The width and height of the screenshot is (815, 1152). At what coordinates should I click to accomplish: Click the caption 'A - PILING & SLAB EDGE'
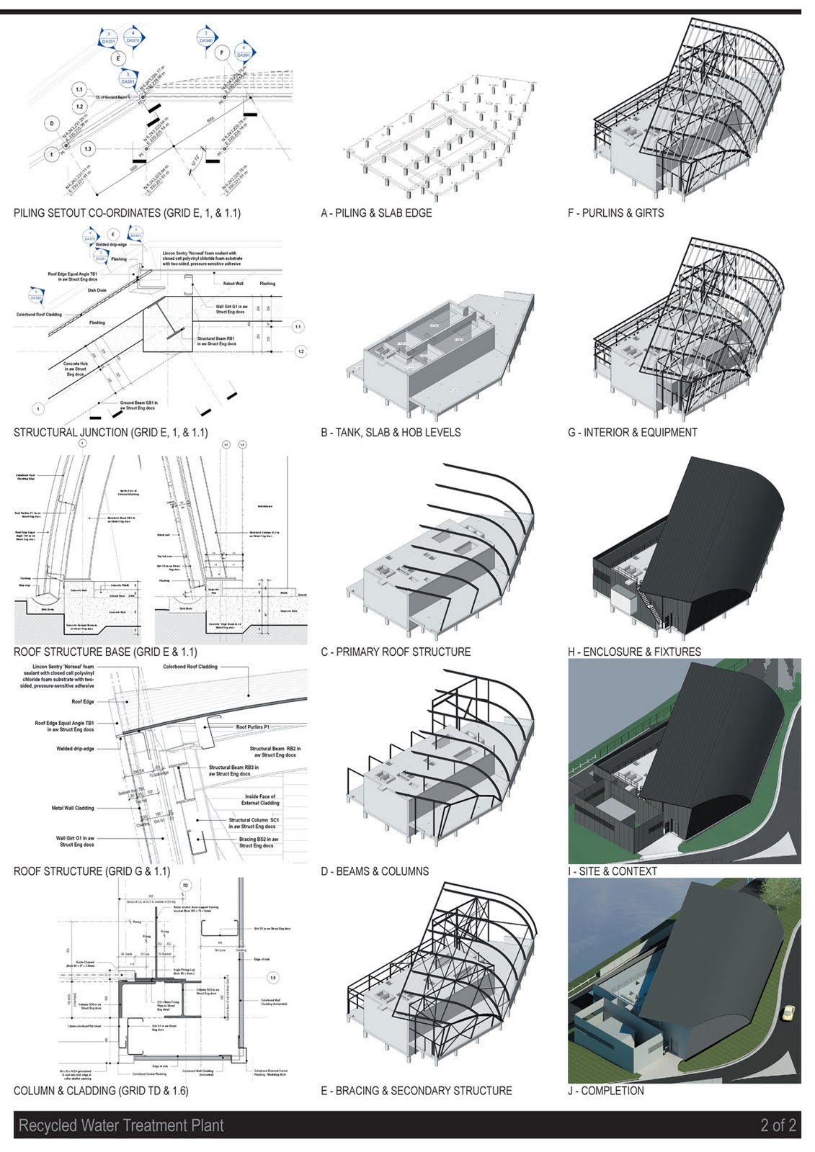click(x=376, y=213)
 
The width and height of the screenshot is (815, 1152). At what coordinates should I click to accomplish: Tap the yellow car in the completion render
click(x=788, y=1013)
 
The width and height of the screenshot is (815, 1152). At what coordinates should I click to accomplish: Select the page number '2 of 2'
click(x=778, y=1125)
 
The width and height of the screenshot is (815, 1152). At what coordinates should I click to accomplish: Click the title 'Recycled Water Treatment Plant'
click(x=121, y=1125)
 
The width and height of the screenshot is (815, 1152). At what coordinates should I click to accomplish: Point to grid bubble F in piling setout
click(x=222, y=53)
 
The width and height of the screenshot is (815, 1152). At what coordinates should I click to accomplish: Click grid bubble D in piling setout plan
click(x=52, y=123)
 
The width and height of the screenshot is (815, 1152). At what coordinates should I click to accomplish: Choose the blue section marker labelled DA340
click(x=207, y=37)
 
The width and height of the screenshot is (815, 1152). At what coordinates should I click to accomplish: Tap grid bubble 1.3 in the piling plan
click(x=87, y=149)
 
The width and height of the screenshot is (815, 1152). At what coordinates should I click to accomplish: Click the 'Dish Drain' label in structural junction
click(x=97, y=290)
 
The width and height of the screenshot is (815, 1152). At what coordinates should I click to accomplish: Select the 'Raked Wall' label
click(x=233, y=284)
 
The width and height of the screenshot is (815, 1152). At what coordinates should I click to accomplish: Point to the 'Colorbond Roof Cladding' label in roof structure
click(x=190, y=667)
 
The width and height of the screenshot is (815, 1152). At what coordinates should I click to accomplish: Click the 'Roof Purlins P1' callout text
click(x=252, y=727)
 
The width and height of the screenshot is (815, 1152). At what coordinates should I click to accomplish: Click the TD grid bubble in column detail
click(x=186, y=886)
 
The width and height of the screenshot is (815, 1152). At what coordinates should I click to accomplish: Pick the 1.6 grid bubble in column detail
click(x=272, y=978)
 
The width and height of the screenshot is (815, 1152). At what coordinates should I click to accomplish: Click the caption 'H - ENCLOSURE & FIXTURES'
click(x=633, y=652)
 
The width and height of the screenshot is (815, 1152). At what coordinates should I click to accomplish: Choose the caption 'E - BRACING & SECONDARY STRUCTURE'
click(x=416, y=1091)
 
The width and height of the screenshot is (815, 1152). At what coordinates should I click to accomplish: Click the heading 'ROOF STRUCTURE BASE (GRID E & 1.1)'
click(x=105, y=652)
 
